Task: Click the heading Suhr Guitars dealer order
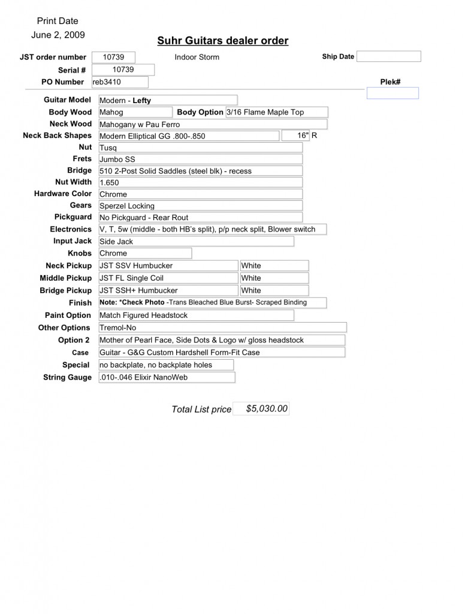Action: point(222,41)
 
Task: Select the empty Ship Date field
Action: point(389,56)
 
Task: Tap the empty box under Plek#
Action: point(392,93)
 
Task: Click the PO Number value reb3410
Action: point(119,82)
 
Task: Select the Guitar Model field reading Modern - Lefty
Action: point(168,100)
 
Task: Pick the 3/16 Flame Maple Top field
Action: point(276,112)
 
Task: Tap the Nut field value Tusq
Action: point(200,148)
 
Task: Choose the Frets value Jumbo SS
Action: point(200,159)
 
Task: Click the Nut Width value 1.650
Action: point(200,182)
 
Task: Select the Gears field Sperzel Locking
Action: point(200,206)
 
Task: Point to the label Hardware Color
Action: point(63,194)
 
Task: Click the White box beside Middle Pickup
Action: point(274,278)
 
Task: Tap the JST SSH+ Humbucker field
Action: point(168,290)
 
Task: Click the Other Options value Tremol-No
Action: point(222,327)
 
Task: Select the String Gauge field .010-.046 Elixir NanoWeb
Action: point(167,377)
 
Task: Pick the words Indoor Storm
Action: point(197,58)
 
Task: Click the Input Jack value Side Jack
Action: point(196,241)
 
